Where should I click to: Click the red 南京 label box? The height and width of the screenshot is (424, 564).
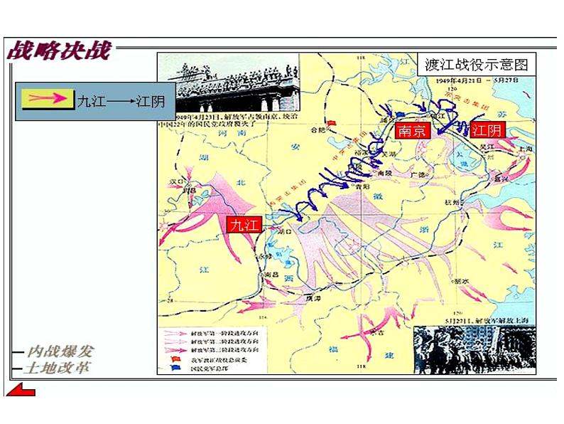(x=412, y=131)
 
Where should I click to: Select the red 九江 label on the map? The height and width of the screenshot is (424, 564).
(x=244, y=225)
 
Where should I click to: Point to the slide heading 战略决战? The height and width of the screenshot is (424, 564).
(x=59, y=51)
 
